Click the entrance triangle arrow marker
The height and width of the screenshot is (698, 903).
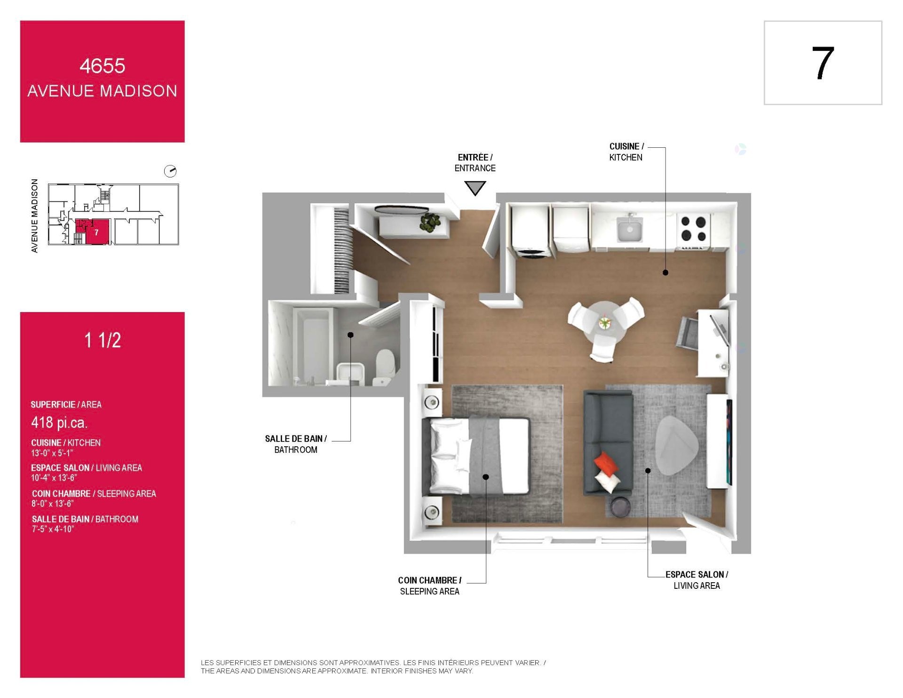[475, 188]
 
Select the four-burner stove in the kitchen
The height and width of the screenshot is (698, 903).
[693, 229]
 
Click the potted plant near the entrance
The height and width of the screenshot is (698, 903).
[430, 222]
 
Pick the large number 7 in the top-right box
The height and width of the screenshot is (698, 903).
[823, 63]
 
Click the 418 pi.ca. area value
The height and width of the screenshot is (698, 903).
[59, 422]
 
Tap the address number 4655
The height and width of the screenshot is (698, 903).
[102, 66]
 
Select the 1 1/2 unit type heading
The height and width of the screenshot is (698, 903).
[103, 340]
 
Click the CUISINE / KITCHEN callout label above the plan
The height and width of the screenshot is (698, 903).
[626, 152]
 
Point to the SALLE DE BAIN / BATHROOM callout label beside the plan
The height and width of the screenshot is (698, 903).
[296, 444]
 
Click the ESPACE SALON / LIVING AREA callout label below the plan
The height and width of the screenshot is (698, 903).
[697, 580]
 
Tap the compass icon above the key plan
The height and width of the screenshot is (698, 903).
[170, 171]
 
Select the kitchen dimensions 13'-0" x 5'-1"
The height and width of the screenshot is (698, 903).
[52, 453]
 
